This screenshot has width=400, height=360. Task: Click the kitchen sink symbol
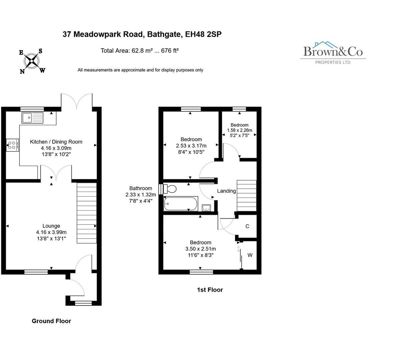click(32, 118)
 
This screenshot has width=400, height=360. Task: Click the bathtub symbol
click(181, 204)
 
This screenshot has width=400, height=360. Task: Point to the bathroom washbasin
click(206, 208)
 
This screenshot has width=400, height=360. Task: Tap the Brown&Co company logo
click(333, 52)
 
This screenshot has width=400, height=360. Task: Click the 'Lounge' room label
click(51, 226)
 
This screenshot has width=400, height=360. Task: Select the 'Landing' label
click(226, 191)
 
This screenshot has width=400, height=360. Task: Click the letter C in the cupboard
click(247, 226)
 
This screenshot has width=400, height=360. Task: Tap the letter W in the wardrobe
click(250, 255)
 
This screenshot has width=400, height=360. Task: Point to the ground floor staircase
click(87, 213)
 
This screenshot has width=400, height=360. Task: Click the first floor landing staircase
click(246, 195)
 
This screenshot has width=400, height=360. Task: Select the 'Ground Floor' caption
click(51, 321)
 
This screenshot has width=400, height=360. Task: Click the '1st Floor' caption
click(210, 290)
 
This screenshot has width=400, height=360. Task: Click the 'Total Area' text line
click(140, 51)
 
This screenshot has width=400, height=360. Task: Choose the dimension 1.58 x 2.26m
click(239, 130)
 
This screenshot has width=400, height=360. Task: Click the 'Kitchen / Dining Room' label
click(56, 142)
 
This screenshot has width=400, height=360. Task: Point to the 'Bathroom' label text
click(141, 188)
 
